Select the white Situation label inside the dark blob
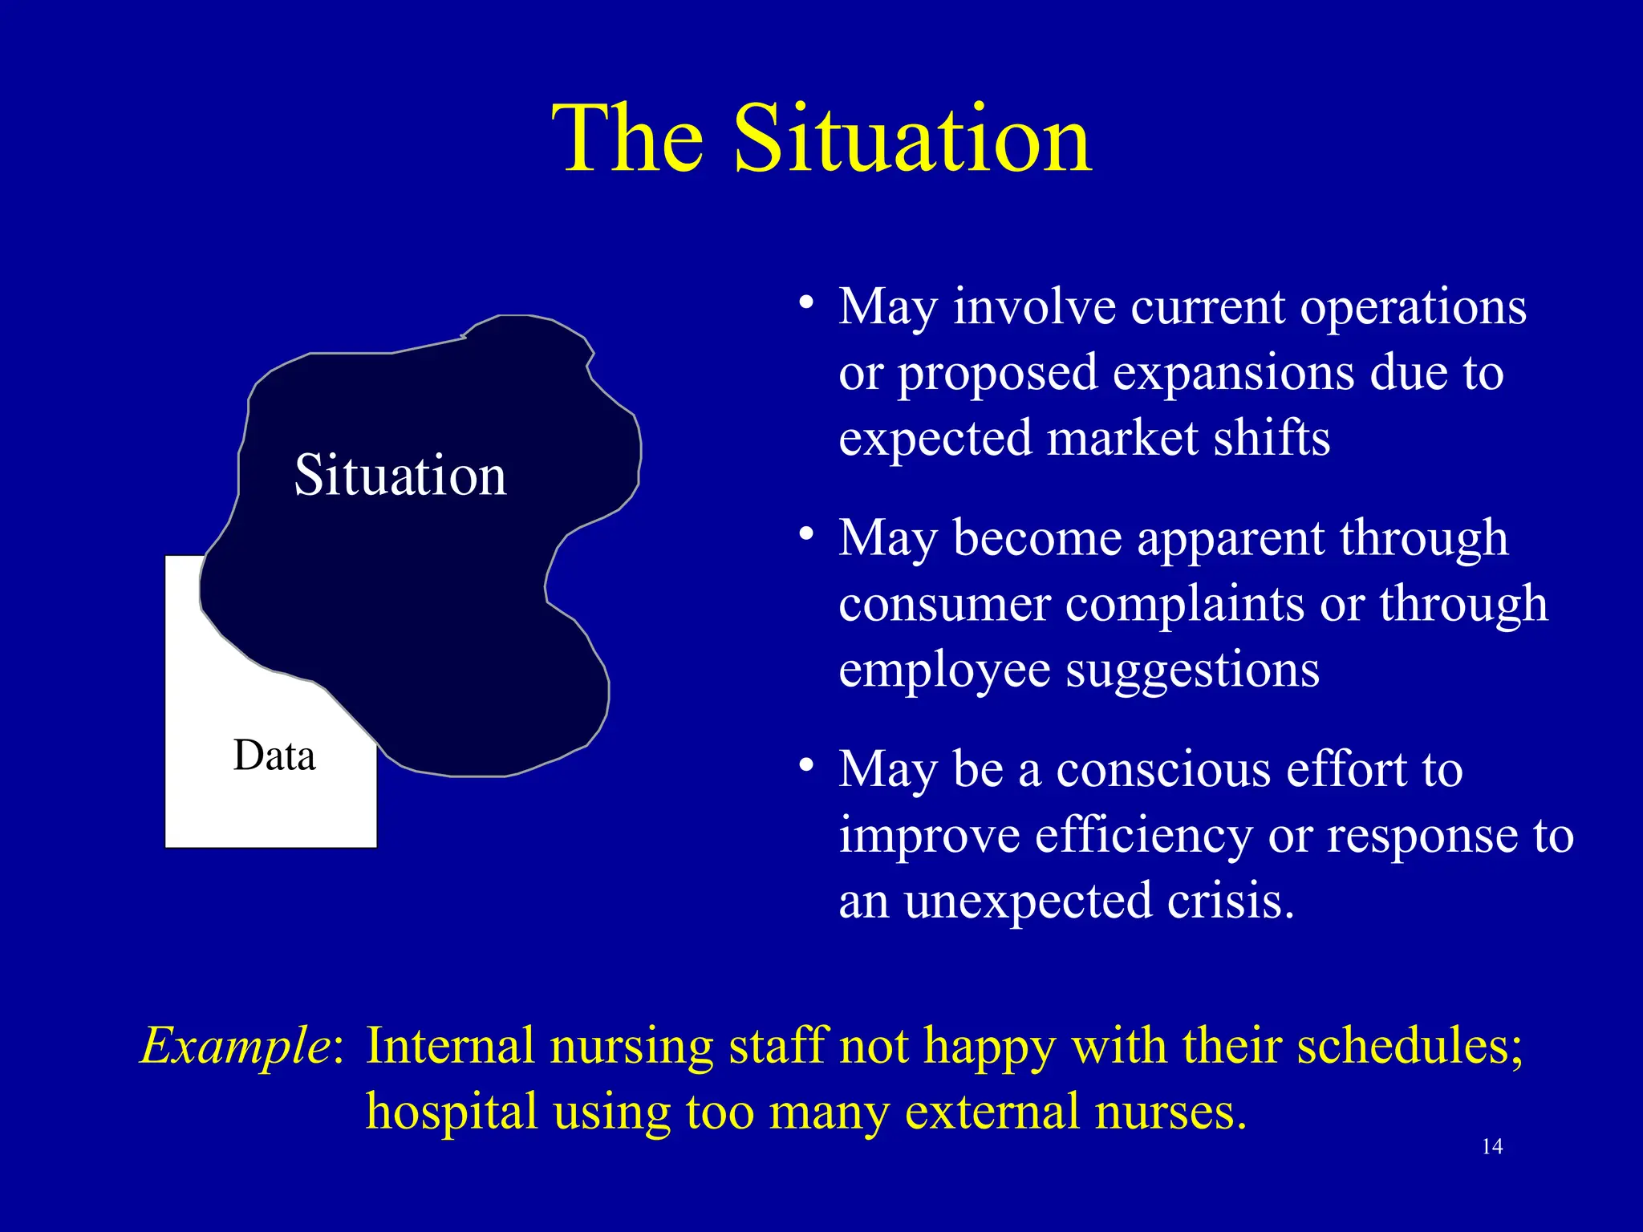pyautogui.click(x=400, y=476)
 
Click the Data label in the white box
pyautogui.click(x=274, y=756)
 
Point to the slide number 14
pyautogui.click(x=1491, y=1147)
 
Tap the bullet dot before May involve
pyautogui.click(x=806, y=305)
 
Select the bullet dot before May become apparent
pyautogui.click(x=806, y=535)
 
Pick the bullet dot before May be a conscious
pyautogui.click(x=806, y=766)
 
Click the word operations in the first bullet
pyautogui.click(x=1413, y=308)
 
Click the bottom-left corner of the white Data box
pyautogui.click(x=167, y=846)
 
